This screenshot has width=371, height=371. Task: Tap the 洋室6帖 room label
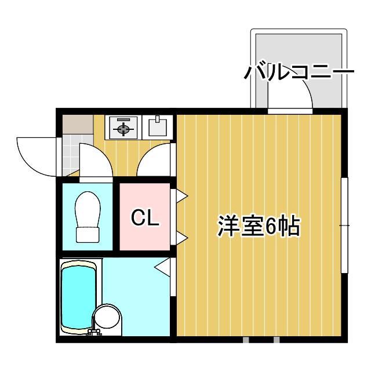[x=259, y=226]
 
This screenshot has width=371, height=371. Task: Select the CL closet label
[x=144, y=219]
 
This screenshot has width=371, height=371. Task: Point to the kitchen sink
[x=157, y=125]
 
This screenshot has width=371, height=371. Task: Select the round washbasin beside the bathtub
[x=108, y=319]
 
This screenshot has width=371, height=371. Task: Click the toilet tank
[x=88, y=234]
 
